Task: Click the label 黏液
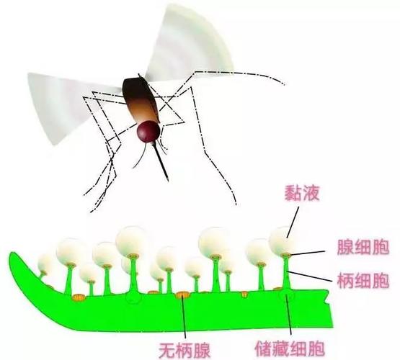click(x=302, y=193)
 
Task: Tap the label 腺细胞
click(x=363, y=247)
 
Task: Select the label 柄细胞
click(x=363, y=280)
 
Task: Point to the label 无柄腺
click(x=185, y=351)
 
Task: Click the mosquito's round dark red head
click(x=148, y=131)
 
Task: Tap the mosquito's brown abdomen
click(x=141, y=100)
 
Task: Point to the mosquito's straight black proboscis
click(x=161, y=161)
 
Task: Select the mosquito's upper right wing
click(x=189, y=43)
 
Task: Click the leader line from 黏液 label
click(x=293, y=222)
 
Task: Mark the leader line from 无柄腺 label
click(x=185, y=318)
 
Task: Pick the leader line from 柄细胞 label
click(x=310, y=276)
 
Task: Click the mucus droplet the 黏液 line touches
click(x=281, y=240)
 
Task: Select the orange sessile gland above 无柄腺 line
click(x=183, y=294)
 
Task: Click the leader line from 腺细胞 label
click(x=308, y=253)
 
